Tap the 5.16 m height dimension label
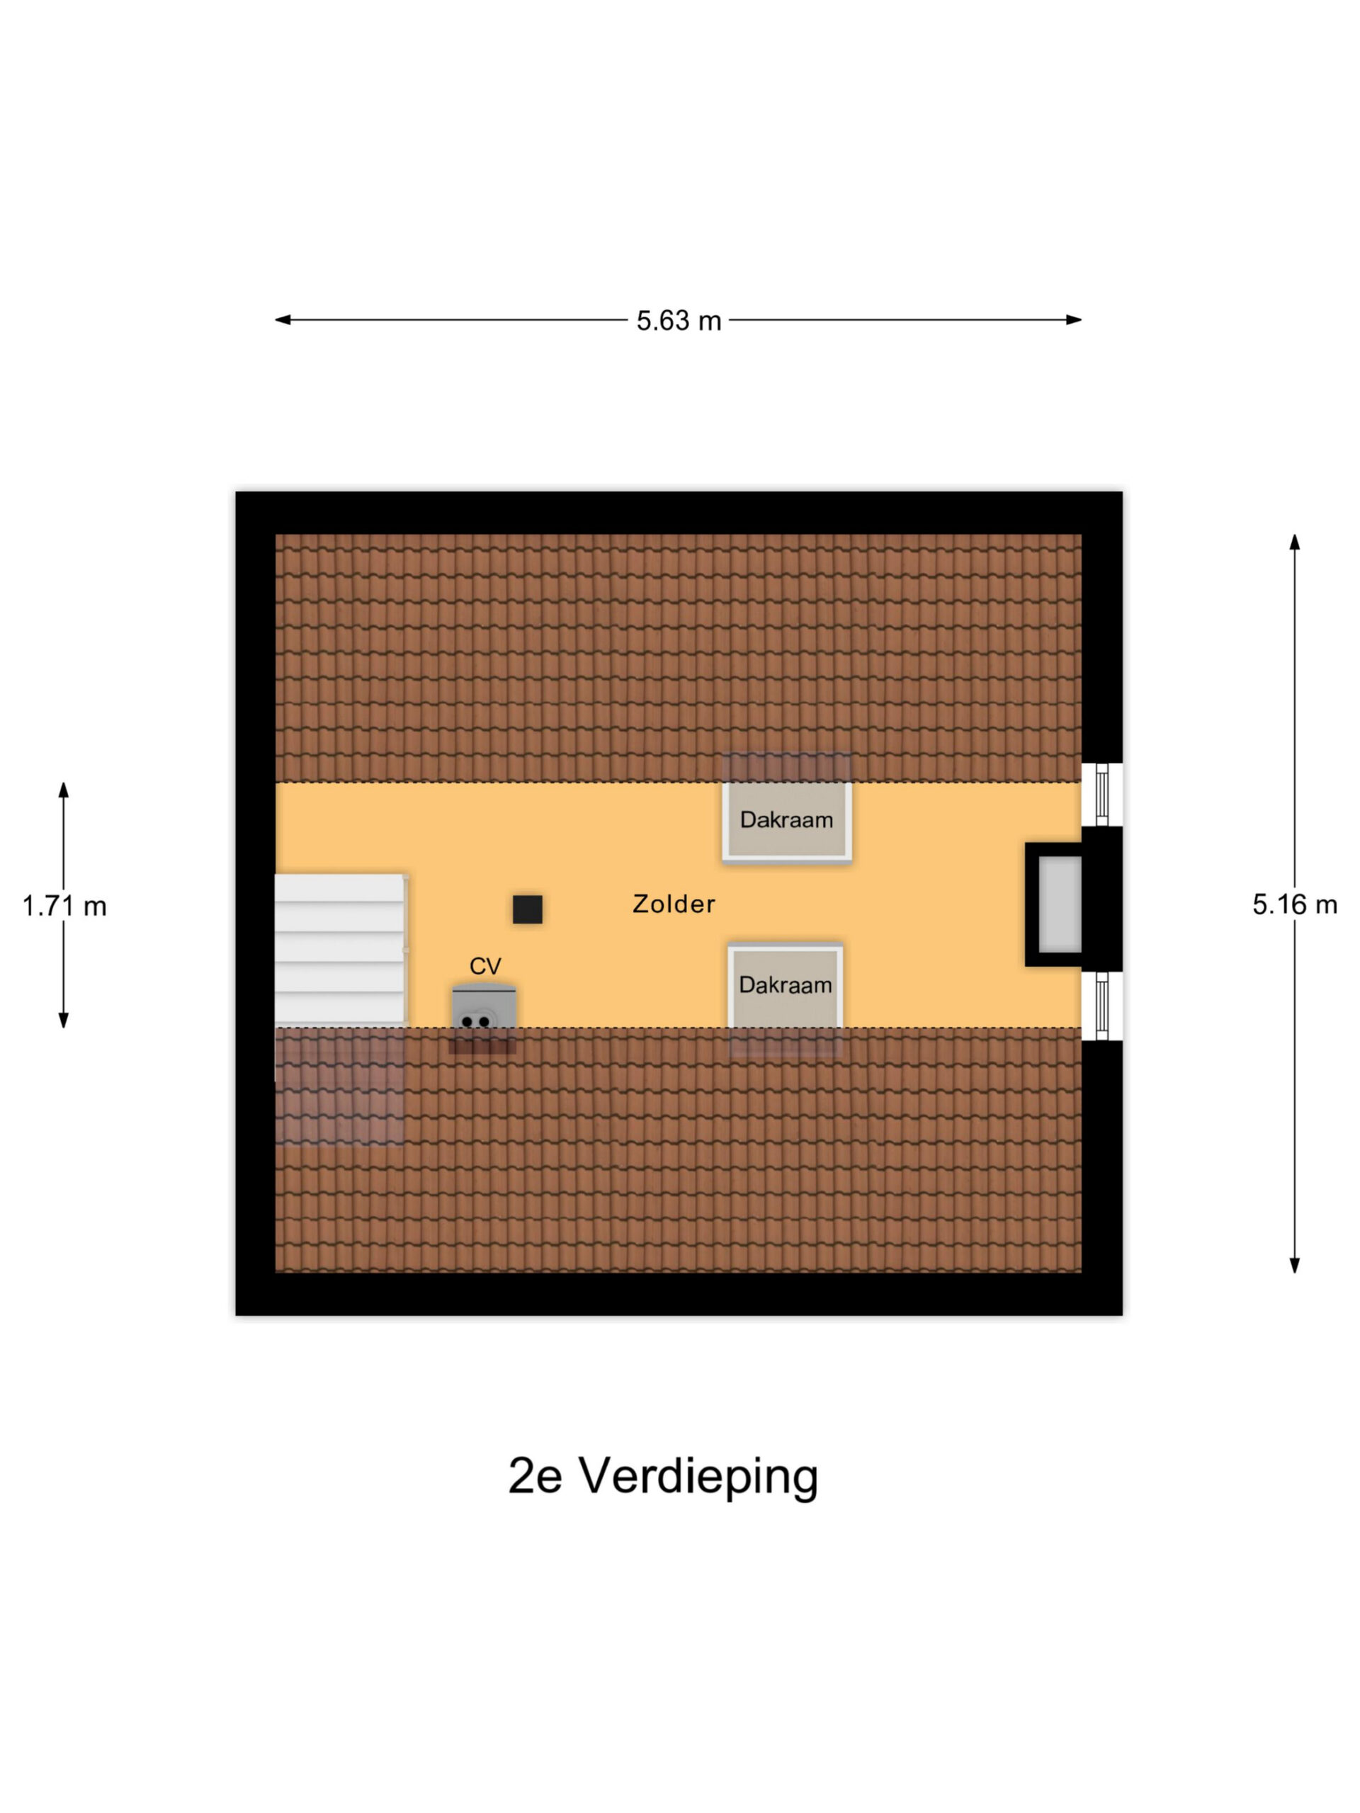coord(1294,904)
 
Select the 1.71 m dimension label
coord(64,906)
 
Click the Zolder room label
coord(674,904)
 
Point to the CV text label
coord(484,965)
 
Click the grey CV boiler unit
coord(484,1009)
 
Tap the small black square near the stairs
coord(527,909)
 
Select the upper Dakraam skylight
coord(786,820)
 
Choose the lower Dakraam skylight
coord(786,986)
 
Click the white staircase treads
coord(339,949)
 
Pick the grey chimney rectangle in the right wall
coord(1060,904)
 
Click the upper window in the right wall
coord(1101,794)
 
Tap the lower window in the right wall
coord(1101,1006)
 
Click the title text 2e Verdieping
coord(663,1475)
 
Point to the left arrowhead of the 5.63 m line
coord(282,319)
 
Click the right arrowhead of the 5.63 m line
coord(1074,319)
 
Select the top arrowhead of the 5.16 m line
coord(1294,542)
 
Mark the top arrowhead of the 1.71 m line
coord(63,790)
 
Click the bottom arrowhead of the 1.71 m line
coord(63,1020)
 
